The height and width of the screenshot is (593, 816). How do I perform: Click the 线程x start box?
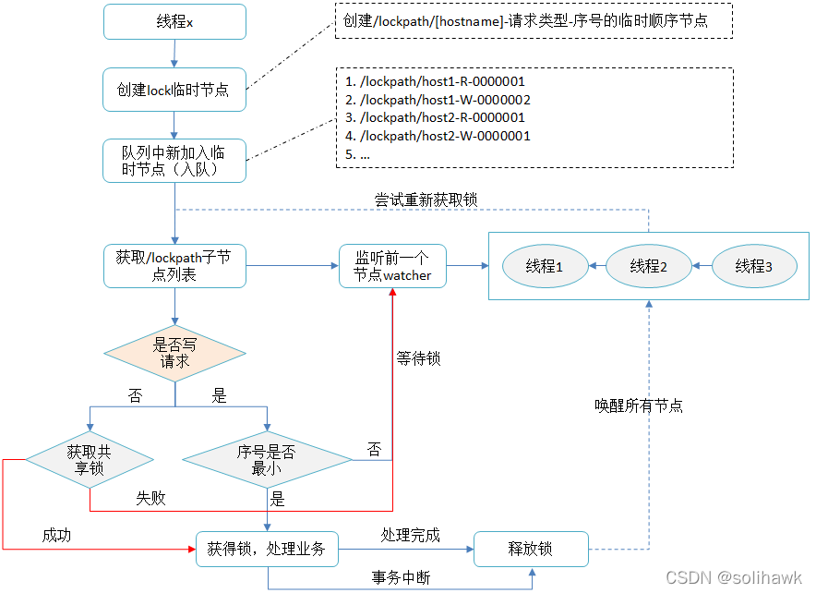pyautogui.click(x=174, y=22)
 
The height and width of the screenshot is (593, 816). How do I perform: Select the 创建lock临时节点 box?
pyautogui.click(x=174, y=90)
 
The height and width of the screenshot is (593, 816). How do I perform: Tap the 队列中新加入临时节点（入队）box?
pyautogui.click(x=174, y=160)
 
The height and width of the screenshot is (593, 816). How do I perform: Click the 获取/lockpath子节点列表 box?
pyautogui.click(x=174, y=266)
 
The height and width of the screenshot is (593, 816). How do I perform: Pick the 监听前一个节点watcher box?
pyautogui.click(x=392, y=266)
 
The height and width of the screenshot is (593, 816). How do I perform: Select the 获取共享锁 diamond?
pyautogui.click(x=90, y=459)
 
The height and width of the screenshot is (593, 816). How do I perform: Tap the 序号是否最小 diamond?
pyautogui.click(x=267, y=459)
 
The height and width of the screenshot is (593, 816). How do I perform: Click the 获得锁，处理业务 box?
pyautogui.click(x=267, y=549)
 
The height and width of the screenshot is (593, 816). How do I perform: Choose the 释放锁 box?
pyautogui.click(x=531, y=549)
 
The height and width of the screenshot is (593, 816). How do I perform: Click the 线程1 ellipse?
pyautogui.click(x=545, y=266)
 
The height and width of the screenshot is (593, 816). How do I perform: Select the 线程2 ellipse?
pyautogui.click(x=649, y=266)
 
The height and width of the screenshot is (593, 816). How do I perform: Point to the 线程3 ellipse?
pyautogui.click(x=754, y=266)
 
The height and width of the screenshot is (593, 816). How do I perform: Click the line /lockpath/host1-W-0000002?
pyautogui.click(x=438, y=100)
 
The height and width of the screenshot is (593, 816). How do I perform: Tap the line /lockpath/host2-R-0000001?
pyautogui.click(x=435, y=117)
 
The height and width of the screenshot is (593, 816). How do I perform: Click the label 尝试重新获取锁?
pyautogui.click(x=413, y=200)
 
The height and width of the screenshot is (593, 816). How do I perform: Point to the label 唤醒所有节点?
pyautogui.click(x=639, y=405)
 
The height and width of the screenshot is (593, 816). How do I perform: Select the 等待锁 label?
pyautogui.click(x=418, y=357)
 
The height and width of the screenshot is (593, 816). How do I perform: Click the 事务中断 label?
pyautogui.click(x=401, y=577)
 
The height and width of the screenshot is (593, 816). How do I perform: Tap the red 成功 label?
pyautogui.click(x=56, y=535)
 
